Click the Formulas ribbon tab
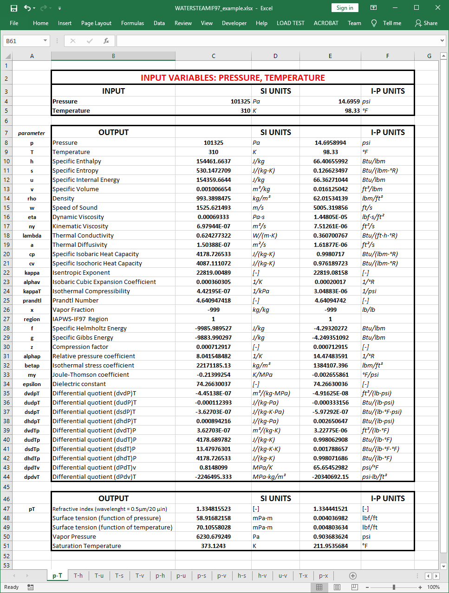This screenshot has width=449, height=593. pos(132,23)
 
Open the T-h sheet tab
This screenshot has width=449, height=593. pos(78,575)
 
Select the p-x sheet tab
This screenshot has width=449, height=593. pos(323,575)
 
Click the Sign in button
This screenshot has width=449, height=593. pos(345,8)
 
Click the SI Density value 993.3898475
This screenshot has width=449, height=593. pos(214,199)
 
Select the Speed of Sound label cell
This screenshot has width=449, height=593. pos(75,208)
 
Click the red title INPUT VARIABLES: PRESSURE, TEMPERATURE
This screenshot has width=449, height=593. pos(233,77)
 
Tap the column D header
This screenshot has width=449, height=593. pos(275,56)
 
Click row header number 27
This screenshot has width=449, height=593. pos(7,319)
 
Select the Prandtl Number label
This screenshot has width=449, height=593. pos(75,301)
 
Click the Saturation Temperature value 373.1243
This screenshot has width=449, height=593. pos(214,546)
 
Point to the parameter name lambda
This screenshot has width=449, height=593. pos(32,236)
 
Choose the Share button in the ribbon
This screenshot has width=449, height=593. pos(426,23)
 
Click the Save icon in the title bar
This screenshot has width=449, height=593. pos(14,8)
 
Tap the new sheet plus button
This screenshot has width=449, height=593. pos(353,576)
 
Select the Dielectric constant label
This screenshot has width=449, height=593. pos(79,384)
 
